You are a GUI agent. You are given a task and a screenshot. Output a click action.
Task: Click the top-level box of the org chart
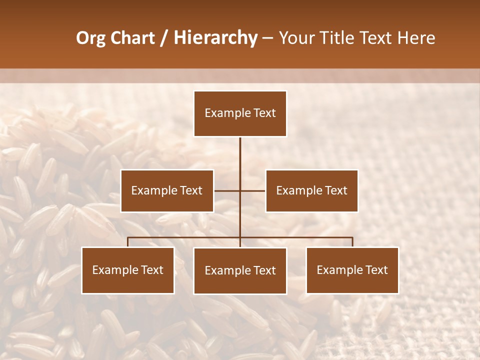click(240, 113)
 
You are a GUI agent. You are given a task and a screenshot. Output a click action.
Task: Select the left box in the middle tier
click(167, 190)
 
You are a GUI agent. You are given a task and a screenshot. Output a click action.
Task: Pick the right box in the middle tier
click(311, 190)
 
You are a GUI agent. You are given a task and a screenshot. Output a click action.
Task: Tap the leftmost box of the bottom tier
click(128, 270)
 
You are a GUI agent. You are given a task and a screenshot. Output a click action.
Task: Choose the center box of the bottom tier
click(240, 270)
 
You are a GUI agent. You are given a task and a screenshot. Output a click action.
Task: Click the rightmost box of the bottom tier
click(352, 270)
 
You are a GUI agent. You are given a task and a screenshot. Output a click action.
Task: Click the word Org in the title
click(90, 38)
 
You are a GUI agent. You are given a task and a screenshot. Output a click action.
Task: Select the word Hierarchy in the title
click(215, 38)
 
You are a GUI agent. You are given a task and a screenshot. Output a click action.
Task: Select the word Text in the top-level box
click(264, 113)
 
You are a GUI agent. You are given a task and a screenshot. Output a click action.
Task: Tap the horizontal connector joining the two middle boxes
click(227, 190)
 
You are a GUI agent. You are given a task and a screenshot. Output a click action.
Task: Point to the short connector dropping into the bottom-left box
click(128, 242)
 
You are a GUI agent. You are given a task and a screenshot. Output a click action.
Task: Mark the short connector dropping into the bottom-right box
click(352, 242)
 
